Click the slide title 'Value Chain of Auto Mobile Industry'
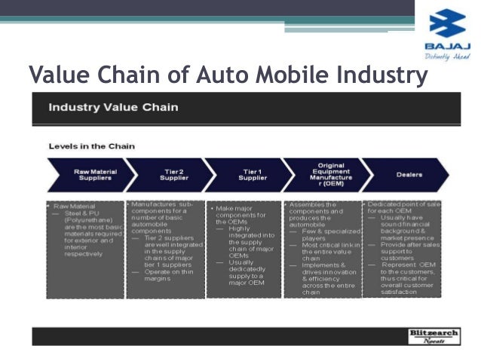coord(227,75)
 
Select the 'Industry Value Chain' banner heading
coord(114,106)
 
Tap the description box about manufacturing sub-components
coord(165,249)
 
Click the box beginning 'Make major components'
coord(243,249)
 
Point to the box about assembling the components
coord(323,249)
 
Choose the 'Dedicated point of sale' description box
coord(402,248)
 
